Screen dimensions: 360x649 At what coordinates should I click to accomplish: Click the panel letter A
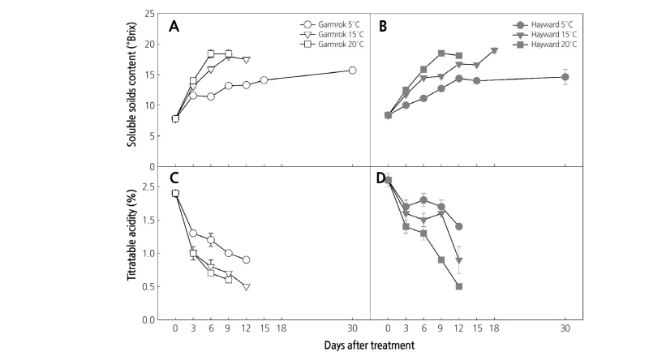point(174,26)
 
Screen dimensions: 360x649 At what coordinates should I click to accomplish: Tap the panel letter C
point(174,178)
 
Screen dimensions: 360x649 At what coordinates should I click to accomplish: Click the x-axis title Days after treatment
point(371,345)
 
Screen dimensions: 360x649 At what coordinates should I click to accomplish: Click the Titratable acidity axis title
point(132,242)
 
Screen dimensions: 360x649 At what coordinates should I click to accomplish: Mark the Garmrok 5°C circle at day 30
point(352,71)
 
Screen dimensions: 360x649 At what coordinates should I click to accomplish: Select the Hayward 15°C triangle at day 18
point(495,50)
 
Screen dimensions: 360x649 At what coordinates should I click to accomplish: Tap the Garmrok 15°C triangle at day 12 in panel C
point(246,287)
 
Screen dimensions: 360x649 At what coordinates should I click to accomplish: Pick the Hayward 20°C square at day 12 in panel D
point(459,287)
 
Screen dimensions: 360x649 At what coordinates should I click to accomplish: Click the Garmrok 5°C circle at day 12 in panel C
point(246,259)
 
